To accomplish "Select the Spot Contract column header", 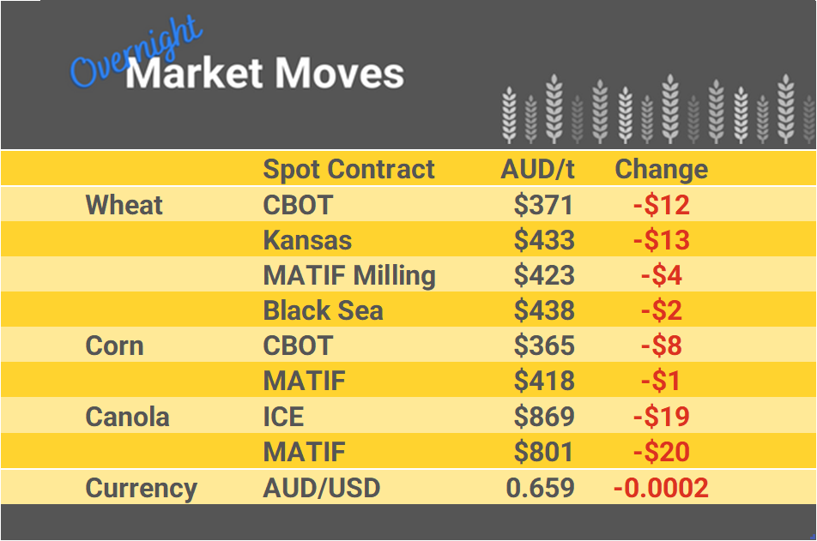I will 348,169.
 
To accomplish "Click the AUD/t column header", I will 537,169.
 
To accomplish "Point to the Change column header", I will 661,169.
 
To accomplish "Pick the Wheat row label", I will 124,205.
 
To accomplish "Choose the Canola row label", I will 127,418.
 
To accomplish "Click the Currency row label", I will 141,488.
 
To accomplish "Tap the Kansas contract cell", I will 307,240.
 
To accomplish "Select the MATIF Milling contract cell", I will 349,275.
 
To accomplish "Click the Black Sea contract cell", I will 323,310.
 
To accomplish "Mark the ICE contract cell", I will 283,418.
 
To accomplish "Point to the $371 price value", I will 543,205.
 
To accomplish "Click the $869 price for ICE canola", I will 543,418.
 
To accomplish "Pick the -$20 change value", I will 661,452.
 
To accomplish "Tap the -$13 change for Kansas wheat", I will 661,240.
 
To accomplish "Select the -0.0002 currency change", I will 661,488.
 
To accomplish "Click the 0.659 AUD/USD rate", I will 540,488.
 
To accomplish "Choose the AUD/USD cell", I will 321,488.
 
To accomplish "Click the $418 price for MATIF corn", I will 543,382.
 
